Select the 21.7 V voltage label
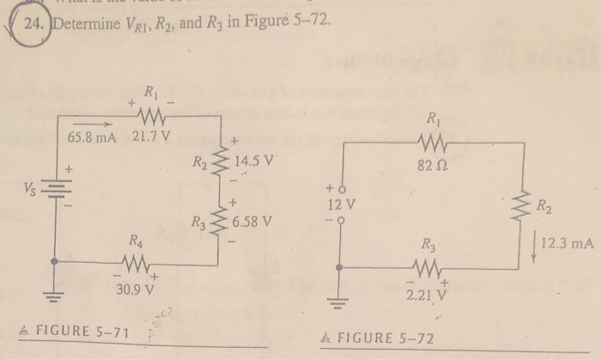[154, 136]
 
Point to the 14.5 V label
[252, 160]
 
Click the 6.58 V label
[252, 222]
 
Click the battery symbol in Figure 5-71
[57, 189]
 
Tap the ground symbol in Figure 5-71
[57, 297]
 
